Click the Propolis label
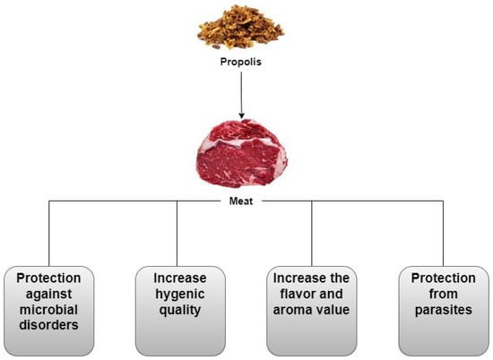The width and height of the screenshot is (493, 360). click(240, 62)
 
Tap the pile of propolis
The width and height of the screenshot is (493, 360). click(240, 28)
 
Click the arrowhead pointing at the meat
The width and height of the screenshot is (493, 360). click(241, 116)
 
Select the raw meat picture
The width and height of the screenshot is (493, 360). click(241, 154)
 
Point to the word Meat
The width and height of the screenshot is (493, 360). click(241, 201)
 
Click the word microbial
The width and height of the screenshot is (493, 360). click(48, 310)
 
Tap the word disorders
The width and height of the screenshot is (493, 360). click(48, 325)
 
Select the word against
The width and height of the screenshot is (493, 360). click(48, 295)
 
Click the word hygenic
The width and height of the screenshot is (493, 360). click(180, 295)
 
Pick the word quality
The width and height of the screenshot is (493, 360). click(180, 311)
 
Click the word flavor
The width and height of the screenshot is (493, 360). click(298, 294)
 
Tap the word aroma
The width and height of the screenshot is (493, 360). click(292, 310)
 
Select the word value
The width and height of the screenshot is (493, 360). click(333, 310)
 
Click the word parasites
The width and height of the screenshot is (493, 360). click(444, 311)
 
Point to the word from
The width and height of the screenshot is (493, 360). click(444, 294)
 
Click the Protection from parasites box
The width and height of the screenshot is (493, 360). click(444, 311)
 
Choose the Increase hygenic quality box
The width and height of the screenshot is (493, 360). click(180, 311)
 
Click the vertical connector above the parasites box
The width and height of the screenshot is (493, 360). click(444, 234)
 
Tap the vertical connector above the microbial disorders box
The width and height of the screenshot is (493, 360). click(49, 234)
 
